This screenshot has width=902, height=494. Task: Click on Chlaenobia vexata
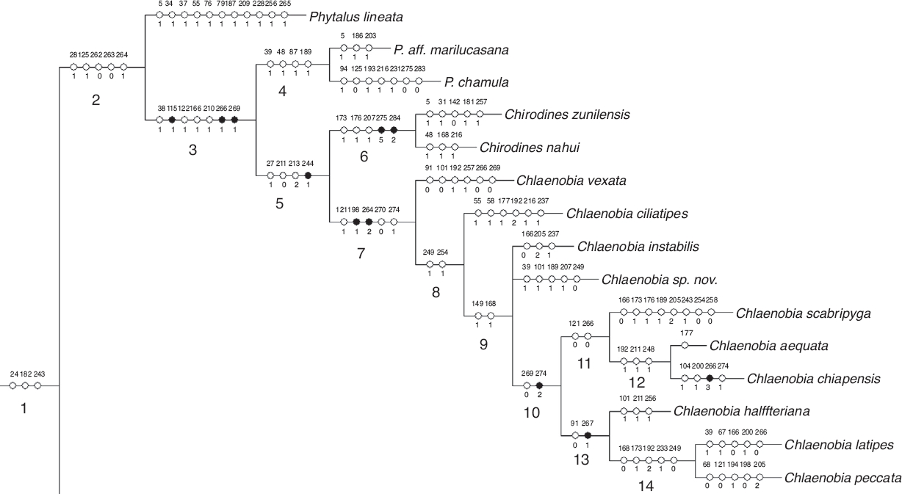(566, 180)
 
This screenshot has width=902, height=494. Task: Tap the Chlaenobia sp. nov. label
(659, 280)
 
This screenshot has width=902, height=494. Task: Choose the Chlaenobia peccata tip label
(843, 478)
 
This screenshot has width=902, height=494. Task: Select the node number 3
(192, 150)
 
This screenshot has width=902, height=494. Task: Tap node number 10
(531, 412)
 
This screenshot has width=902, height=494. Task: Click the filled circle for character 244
(308, 175)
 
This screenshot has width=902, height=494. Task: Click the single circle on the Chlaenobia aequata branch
(685, 345)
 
